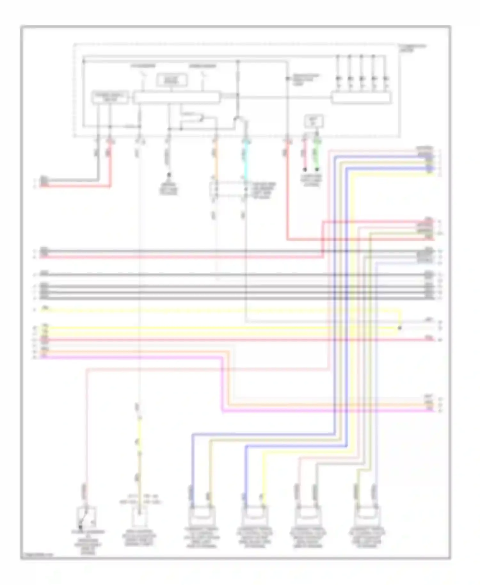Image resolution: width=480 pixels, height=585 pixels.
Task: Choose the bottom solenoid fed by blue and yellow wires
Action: [254, 516]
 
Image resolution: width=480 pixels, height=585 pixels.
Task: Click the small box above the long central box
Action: [172, 80]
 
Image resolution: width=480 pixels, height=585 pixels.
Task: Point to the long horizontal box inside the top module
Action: [176, 98]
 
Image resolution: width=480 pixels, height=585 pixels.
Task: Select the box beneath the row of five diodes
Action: [361, 98]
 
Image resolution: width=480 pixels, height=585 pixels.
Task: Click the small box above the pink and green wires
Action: [314, 121]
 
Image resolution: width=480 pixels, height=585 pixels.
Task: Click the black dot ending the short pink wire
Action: [305, 169]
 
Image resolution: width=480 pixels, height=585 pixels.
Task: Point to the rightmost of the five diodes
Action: [386, 78]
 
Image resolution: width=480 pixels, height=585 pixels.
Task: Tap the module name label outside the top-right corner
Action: [412, 48]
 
